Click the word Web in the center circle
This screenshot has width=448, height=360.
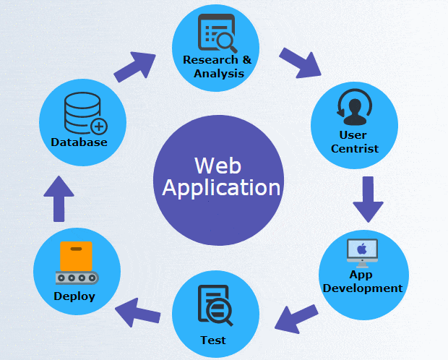pyautogui.click(x=217, y=166)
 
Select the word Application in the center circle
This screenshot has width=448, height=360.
pyautogui.click(x=221, y=187)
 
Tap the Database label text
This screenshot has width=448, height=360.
pyautogui.click(x=79, y=142)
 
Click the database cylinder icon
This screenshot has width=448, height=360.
pyautogui.click(x=82, y=113)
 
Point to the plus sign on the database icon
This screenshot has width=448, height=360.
pyautogui.click(x=99, y=127)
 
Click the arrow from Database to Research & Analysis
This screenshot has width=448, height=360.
pyautogui.click(x=134, y=67)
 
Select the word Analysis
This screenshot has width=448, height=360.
pyautogui.click(x=219, y=74)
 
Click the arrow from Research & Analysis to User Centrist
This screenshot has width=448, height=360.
pyautogui.click(x=300, y=63)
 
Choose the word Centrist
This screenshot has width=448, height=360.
pyautogui.click(x=355, y=149)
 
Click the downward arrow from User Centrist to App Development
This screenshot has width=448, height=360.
pyautogui.click(x=368, y=200)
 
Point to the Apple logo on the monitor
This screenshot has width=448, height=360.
pyautogui.click(x=362, y=249)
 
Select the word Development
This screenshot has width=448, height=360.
pyautogui.click(x=363, y=288)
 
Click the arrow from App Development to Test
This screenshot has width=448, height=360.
pyautogui.click(x=296, y=319)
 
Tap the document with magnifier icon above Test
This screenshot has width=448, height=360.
pyautogui.click(x=215, y=305)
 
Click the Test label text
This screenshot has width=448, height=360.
pyautogui.click(x=213, y=340)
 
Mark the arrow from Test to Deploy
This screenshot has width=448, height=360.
pyautogui.click(x=137, y=312)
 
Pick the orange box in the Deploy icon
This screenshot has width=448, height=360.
pyautogui.click(x=76, y=256)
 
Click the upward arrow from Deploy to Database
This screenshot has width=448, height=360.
pyautogui.click(x=59, y=199)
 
